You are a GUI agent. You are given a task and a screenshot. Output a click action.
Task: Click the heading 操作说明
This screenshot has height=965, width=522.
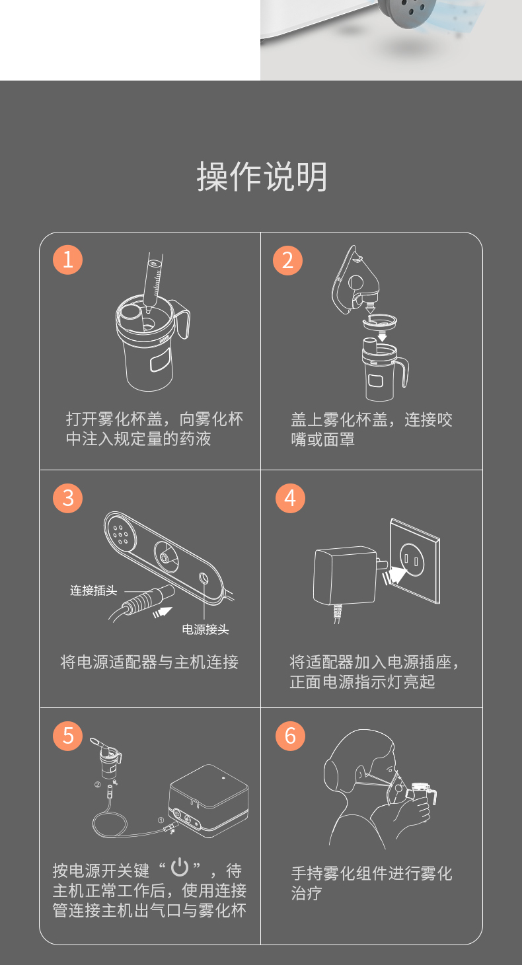click(262, 176)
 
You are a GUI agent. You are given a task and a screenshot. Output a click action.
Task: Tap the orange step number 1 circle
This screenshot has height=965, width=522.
click(67, 260)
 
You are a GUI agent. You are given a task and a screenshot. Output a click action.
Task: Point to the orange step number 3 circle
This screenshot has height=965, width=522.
click(67, 499)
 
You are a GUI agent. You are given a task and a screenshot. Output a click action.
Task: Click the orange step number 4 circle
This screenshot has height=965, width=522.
click(290, 499)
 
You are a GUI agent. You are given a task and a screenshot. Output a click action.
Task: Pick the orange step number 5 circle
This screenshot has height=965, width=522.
click(67, 736)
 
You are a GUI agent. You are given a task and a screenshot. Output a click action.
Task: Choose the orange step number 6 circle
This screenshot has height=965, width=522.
click(290, 736)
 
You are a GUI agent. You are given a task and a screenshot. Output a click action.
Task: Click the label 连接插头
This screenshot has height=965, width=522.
click(94, 590)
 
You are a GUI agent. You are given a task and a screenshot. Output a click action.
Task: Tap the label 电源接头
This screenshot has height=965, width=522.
click(205, 630)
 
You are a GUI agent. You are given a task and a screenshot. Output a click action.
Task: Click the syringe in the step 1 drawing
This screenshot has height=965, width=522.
click(153, 281)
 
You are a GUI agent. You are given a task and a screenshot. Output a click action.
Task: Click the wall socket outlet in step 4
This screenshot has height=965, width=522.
click(415, 561)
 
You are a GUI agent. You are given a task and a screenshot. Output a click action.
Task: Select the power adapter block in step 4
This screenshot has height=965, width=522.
click(345, 575)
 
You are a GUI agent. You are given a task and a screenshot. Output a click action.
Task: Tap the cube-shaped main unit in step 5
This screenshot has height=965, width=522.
click(209, 801)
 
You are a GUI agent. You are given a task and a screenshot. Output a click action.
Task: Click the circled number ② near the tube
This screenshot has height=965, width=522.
click(97, 785)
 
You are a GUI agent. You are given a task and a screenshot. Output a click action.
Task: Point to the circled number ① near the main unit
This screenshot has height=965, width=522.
click(161, 820)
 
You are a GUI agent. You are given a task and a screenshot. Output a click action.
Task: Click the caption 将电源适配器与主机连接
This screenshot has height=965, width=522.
click(149, 662)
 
